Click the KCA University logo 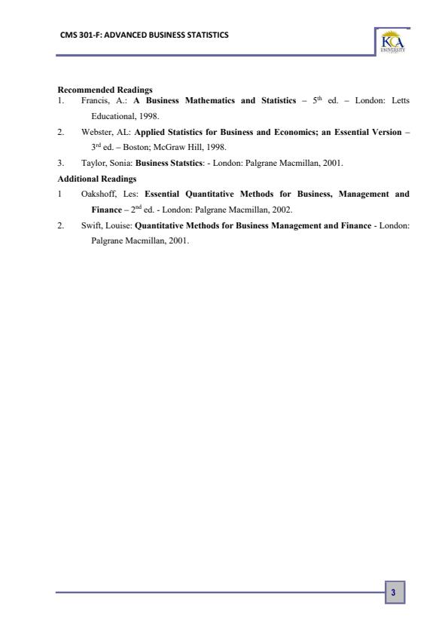tap(393, 43)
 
